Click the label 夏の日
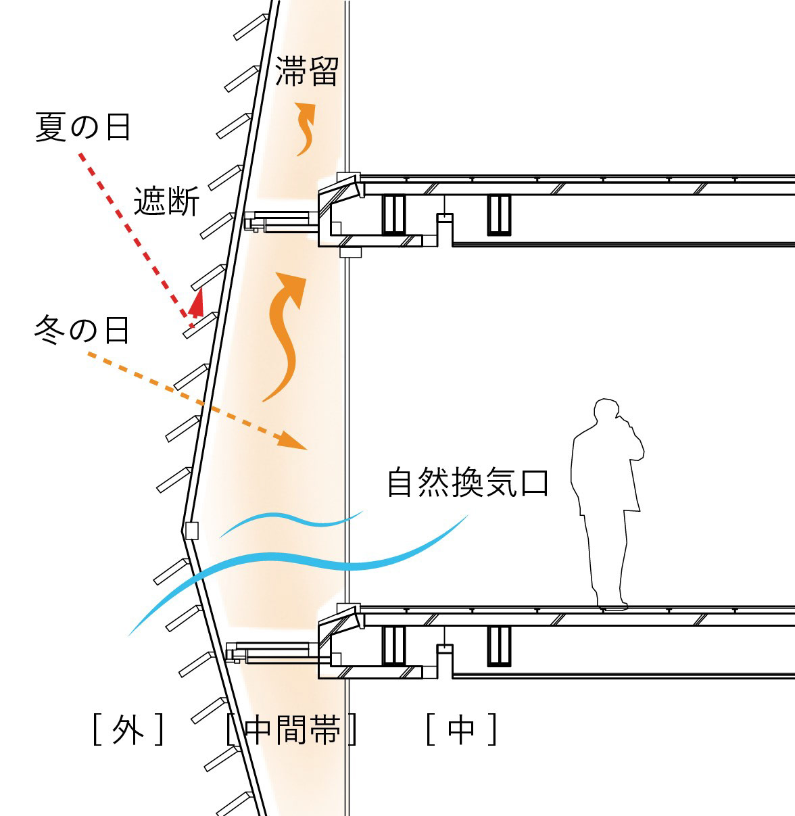tap(82, 127)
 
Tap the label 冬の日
tap(82, 331)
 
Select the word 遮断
tap(166, 201)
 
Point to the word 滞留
tap(306, 70)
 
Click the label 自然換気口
tap(467, 483)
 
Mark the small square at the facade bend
tap(191, 530)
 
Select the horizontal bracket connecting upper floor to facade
tap(281, 220)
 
